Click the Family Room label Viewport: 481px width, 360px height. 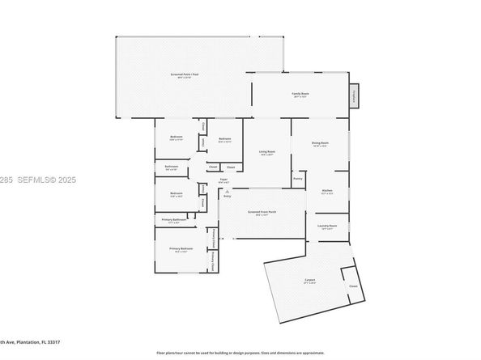[300, 95]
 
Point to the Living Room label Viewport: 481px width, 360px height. [267, 152]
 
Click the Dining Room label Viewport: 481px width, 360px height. [320, 144]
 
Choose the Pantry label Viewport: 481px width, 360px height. [298, 179]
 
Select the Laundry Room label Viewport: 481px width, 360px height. [327, 227]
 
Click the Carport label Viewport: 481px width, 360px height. [310, 281]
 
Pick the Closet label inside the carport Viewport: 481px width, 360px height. [353, 286]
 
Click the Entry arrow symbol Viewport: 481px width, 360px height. [227, 190]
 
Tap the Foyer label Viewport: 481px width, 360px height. [223, 180]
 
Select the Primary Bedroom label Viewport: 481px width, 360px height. [181, 249]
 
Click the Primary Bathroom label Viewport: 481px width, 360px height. [174, 219]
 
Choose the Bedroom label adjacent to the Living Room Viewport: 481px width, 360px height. [225, 139]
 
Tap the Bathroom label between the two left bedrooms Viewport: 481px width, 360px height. [171, 167]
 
